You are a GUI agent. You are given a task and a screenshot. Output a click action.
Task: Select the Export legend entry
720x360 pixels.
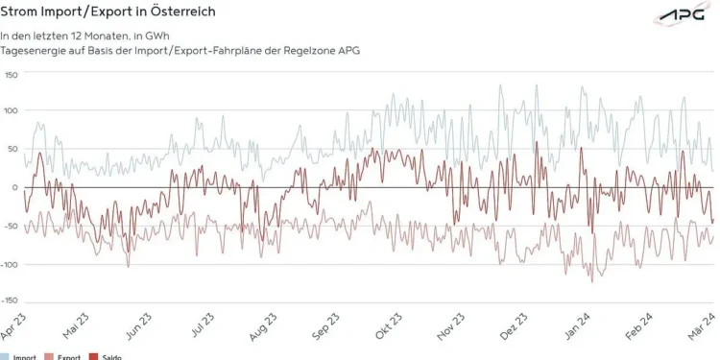pos(65,356)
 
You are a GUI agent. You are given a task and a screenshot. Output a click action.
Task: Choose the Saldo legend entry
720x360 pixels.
pos(108,356)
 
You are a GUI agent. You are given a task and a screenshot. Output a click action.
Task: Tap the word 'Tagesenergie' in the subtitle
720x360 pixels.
pos(34,50)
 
